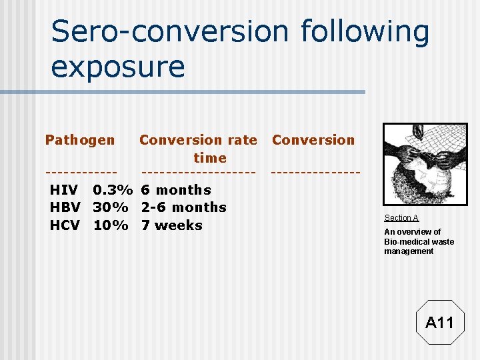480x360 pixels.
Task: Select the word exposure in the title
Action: pyautogui.click(x=118, y=67)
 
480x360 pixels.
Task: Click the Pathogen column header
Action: pyautogui.click(x=80, y=140)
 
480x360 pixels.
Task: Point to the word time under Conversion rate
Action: pyautogui.click(x=210, y=158)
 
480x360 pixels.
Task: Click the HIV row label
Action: pyautogui.click(x=64, y=190)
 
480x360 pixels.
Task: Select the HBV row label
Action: pyautogui.click(x=65, y=207)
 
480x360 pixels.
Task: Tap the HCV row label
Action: pyautogui.click(x=65, y=225)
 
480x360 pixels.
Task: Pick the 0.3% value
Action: pyautogui.click(x=111, y=190)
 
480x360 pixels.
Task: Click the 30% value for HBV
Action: pyautogui.click(x=111, y=207)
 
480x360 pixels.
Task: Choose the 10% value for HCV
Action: pyautogui.click(x=111, y=225)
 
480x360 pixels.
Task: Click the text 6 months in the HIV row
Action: pyautogui.click(x=176, y=190)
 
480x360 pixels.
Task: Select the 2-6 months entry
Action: pyautogui.click(x=184, y=207)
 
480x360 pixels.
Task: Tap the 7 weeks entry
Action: pyautogui.click(x=172, y=225)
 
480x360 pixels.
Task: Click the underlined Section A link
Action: pyautogui.click(x=401, y=218)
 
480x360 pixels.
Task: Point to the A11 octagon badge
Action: pyautogui.click(x=439, y=323)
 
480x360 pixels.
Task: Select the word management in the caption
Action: pyautogui.click(x=409, y=251)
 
